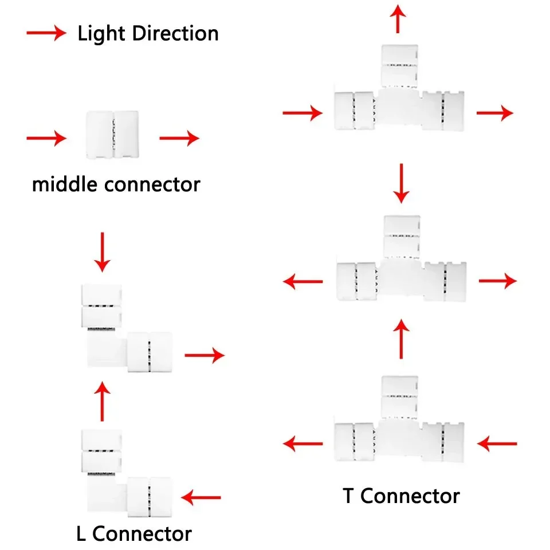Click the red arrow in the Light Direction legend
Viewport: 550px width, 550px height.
[x=46, y=33]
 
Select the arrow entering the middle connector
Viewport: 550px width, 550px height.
[x=46, y=137]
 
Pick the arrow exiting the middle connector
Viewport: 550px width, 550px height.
[x=179, y=137]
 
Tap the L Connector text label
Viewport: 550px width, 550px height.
[x=133, y=534]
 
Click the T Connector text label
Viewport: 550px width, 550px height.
[x=401, y=496]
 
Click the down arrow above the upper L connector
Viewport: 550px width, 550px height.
[x=103, y=252]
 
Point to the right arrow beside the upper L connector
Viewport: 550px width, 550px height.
[x=204, y=355]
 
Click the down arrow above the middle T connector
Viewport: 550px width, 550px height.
[x=401, y=183]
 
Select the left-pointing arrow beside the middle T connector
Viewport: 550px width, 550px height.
[x=303, y=281]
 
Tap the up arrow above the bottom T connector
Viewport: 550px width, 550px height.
[x=402, y=339]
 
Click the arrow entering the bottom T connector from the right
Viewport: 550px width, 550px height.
[x=497, y=443]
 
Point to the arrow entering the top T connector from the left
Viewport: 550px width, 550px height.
[x=302, y=113]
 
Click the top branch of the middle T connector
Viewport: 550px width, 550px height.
[x=402, y=235]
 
